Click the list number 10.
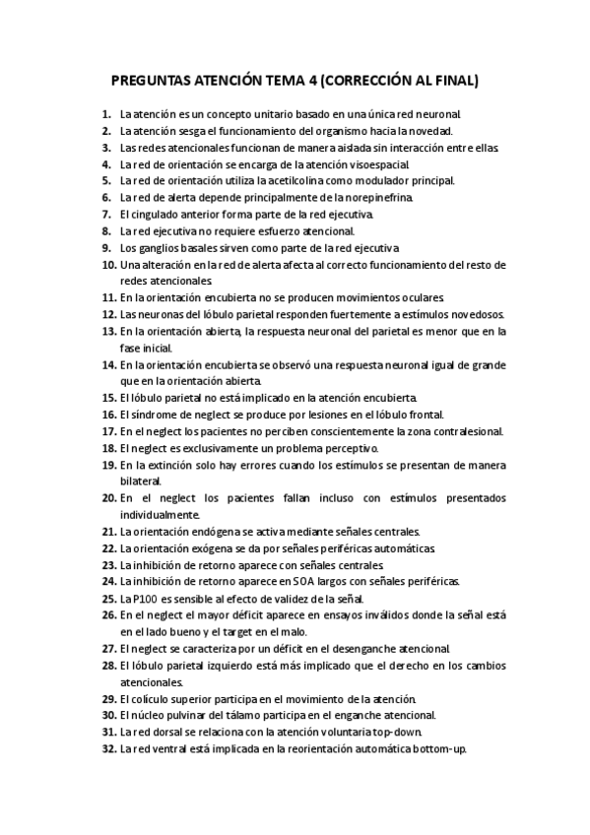coord(108,264)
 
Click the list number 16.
coord(108,415)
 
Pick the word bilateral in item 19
coord(140,481)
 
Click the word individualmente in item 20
coord(159,514)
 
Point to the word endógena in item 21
coord(228,531)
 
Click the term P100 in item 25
coord(145,598)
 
